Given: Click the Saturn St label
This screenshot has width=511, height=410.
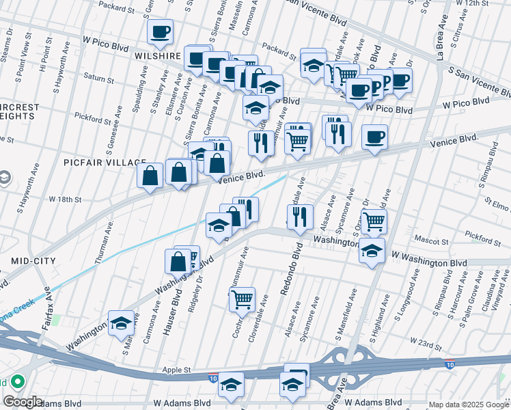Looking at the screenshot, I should point(99,79).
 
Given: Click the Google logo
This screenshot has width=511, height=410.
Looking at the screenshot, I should point(23,402).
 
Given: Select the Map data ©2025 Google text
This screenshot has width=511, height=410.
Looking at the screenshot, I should point(468,405).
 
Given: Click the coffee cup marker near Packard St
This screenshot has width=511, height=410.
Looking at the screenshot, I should point(160,31).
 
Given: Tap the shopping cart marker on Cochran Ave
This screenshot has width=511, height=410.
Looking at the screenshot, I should point(242,298).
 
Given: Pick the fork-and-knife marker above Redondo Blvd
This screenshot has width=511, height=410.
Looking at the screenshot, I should point(300,216).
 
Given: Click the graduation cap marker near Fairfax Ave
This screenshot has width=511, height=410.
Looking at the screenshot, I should point(121,323).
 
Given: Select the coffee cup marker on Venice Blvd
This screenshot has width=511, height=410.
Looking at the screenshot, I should point(374,137).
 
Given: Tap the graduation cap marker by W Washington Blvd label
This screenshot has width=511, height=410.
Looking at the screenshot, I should point(372,249).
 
